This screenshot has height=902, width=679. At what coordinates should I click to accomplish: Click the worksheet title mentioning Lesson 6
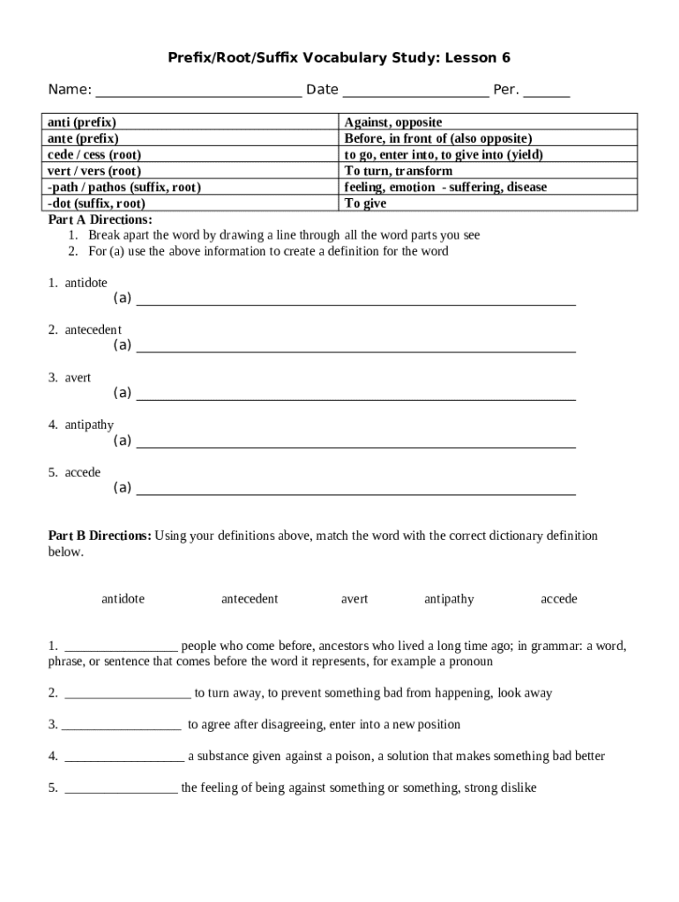tap(339, 58)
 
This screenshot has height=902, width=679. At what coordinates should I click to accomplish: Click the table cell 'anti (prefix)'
tap(82, 122)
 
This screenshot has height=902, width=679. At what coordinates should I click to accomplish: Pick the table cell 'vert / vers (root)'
tap(94, 171)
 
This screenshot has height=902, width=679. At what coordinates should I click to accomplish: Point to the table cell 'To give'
tap(365, 203)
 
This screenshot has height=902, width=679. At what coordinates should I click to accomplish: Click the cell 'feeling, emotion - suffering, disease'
tap(445, 187)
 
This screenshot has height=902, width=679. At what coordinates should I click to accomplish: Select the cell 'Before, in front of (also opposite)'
tap(438, 138)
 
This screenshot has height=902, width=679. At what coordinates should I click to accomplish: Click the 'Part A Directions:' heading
tap(100, 219)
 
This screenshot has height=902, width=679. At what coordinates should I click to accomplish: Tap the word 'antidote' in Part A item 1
tap(86, 283)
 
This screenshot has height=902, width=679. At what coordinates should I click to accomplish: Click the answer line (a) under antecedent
tap(355, 350)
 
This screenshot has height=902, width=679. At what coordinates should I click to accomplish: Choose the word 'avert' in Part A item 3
tap(78, 378)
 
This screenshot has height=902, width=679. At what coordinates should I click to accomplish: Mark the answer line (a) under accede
tap(355, 492)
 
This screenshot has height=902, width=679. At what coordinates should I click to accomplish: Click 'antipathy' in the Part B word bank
tap(449, 599)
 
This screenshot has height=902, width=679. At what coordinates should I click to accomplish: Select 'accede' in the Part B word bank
tap(559, 599)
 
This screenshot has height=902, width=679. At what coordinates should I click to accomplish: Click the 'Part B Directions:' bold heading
tap(100, 536)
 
